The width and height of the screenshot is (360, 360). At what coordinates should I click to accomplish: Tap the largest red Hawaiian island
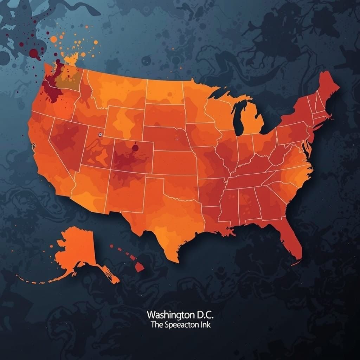point(140,267)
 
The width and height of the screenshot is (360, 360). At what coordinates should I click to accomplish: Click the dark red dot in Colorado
point(135,148)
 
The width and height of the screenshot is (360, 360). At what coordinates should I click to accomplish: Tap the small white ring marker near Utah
point(100,134)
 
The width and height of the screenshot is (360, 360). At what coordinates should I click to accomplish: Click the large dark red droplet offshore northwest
point(34,53)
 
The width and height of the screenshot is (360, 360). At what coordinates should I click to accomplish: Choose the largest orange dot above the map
point(53,39)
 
